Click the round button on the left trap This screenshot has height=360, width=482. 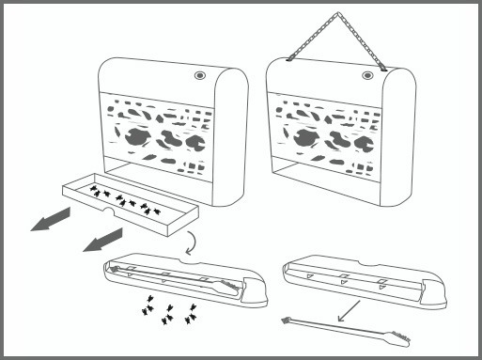[x=200, y=74]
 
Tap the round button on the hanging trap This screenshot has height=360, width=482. [x=366, y=72]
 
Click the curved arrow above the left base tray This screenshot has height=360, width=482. [x=191, y=243]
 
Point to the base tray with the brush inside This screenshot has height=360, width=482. [x=179, y=281]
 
